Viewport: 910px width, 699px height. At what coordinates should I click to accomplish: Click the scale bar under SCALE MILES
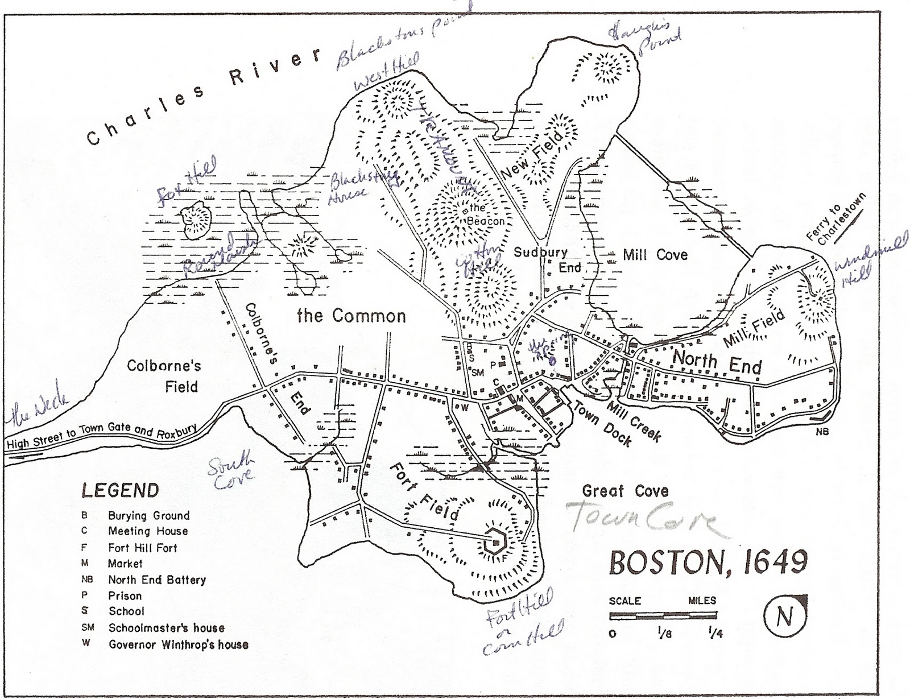tap(663, 616)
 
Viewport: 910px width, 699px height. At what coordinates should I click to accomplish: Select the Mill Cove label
tap(655, 255)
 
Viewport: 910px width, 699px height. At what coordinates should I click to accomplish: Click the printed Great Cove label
tap(625, 491)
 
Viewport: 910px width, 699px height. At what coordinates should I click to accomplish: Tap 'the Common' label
tap(351, 316)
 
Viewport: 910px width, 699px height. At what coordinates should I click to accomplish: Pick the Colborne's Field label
tap(164, 376)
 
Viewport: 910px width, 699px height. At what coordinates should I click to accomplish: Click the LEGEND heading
tap(120, 490)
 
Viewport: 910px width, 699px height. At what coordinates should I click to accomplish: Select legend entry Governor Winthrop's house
tap(178, 644)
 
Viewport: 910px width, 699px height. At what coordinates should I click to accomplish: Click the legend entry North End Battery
tap(156, 580)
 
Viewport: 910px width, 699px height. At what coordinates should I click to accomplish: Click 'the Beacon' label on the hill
tap(485, 215)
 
